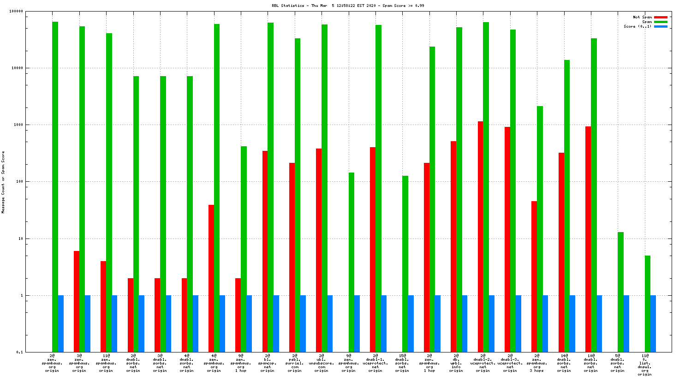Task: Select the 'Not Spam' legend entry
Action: point(642,17)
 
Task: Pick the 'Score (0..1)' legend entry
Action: point(637,26)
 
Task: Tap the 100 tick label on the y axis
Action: point(19,182)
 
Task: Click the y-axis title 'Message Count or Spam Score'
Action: point(3,182)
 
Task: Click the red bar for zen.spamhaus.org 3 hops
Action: point(534,276)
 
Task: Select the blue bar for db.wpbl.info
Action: point(465,323)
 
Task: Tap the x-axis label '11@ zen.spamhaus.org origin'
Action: point(106,363)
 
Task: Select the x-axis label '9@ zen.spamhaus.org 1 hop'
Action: point(240,363)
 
